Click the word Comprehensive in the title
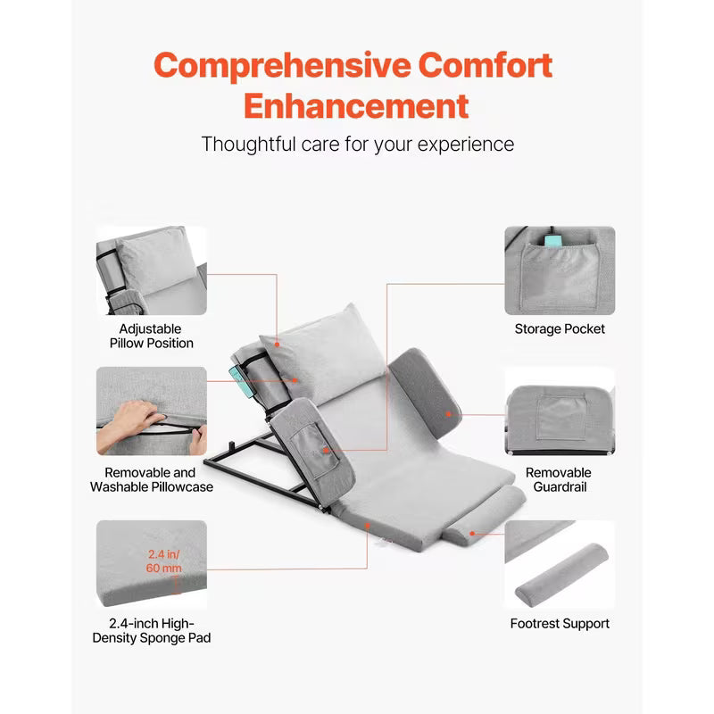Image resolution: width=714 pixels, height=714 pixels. point(280,65)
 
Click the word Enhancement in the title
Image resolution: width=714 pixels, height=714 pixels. point(356,106)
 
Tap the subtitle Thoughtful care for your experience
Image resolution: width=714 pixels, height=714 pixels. point(357,144)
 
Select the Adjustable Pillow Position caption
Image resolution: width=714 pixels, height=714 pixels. point(151,336)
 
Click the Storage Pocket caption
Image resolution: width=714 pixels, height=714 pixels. point(560,329)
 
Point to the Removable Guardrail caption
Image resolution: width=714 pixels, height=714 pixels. point(558,479)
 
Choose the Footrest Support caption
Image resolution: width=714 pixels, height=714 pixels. point(560,624)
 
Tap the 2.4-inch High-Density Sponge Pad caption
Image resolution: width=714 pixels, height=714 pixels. point(150,630)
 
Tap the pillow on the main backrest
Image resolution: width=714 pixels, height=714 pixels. point(312,348)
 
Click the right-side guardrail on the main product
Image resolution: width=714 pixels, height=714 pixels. point(423,385)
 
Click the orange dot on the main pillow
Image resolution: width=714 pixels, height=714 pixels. point(277,342)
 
